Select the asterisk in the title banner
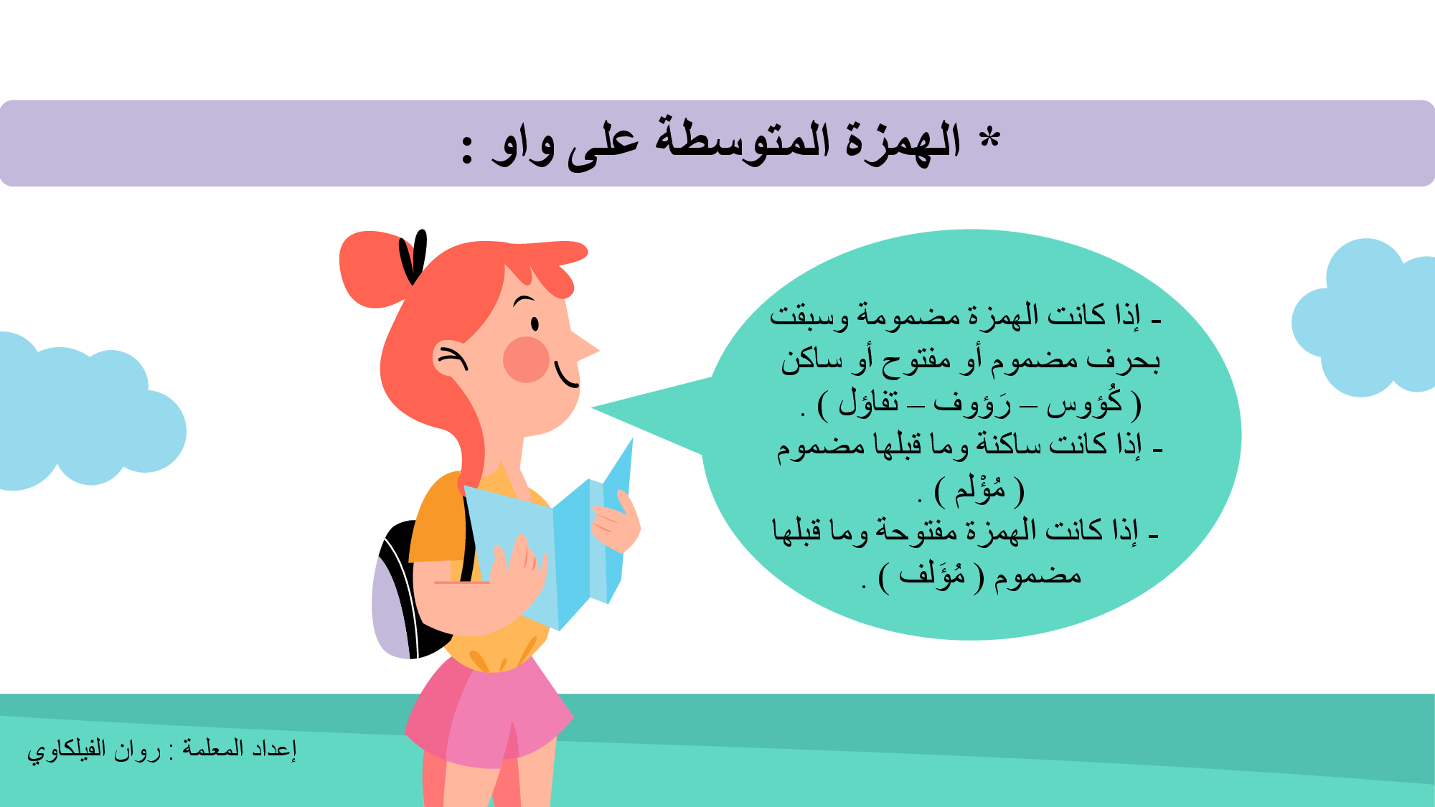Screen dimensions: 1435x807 [989, 136]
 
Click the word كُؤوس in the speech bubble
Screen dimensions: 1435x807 [1084, 403]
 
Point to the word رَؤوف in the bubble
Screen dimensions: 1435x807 [972, 404]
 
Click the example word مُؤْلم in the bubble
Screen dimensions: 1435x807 [980, 490]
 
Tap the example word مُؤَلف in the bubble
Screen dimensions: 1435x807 [932, 575]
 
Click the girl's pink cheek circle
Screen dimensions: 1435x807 [526, 359]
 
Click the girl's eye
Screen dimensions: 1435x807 [535, 324]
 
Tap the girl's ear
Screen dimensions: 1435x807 [450, 359]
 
